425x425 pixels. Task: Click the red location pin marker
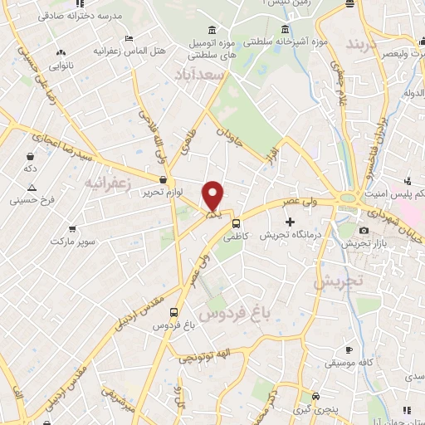(x=213, y=196)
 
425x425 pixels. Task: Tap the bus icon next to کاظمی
(x=237, y=222)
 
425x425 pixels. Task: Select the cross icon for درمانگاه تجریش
(x=290, y=222)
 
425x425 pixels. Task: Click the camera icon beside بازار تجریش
(x=364, y=230)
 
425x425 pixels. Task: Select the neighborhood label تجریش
(x=340, y=281)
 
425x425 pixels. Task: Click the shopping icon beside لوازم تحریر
(x=163, y=178)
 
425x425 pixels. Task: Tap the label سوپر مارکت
(x=69, y=241)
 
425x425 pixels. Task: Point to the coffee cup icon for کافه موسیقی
(x=349, y=349)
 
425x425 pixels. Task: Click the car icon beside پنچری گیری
(x=315, y=396)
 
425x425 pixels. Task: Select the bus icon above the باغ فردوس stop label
(x=173, y=312)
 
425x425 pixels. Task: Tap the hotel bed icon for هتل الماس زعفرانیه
(x=127, y=38)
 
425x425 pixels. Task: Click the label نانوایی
(x=60, y=64)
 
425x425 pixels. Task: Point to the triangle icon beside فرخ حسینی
(x=17, y=200)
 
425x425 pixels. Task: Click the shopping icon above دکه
(x=30, y=155)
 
